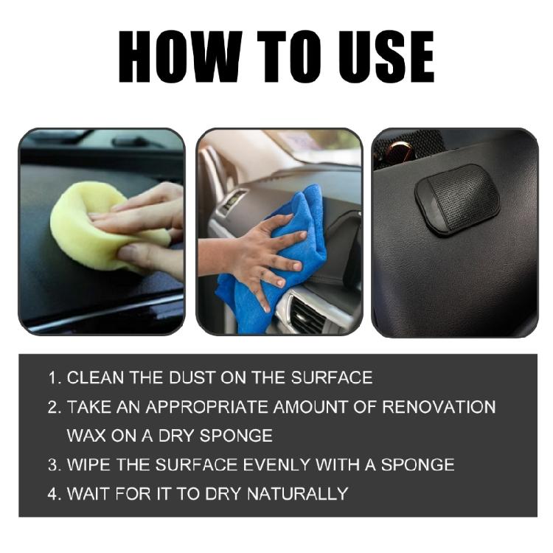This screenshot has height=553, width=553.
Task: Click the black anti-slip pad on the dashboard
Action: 456,199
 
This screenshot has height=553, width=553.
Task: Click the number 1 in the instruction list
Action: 53,378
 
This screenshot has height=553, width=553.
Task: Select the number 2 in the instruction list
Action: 53,407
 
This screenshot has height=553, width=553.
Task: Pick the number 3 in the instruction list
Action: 53,465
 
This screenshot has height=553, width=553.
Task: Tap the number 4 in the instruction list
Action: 53,493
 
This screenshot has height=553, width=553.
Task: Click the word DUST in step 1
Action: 201,378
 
